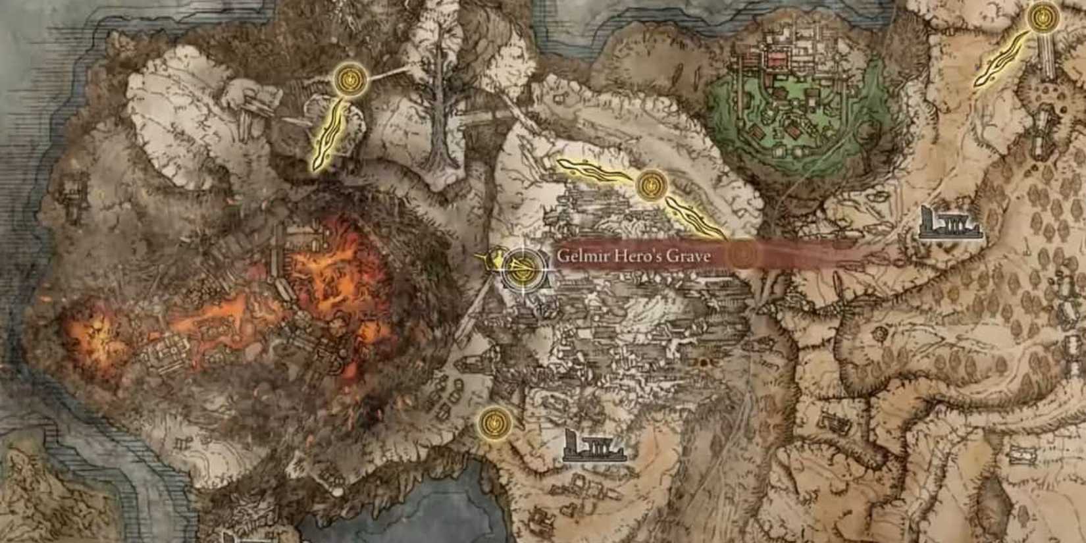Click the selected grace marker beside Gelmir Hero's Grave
click(523, 269)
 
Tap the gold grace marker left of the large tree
click(349, 80)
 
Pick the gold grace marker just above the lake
click(493, 419)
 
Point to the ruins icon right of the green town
click(950, 224)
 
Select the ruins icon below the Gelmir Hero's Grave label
click(592, 445)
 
